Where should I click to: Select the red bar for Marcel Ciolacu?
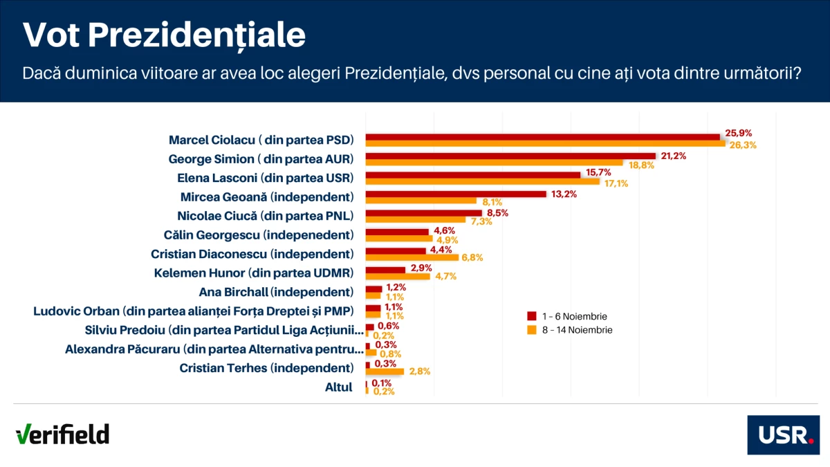click(x=543, y=136)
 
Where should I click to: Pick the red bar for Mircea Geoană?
click(x=456, y=194)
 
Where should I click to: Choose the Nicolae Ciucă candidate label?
click(x=266, y=215)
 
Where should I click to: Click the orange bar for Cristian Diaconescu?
click(x=412, y=257)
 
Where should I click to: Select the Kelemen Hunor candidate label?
click(x=254, y=273)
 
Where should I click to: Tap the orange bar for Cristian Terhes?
click(x=385, y=372)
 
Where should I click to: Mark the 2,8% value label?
click(x=420, y=372)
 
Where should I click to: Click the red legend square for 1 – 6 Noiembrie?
click(x=532, y=316)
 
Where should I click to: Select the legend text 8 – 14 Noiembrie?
click(x=578, y=330)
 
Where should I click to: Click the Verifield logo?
click(x=62, y=434)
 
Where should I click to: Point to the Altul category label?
click(x=339, y=387)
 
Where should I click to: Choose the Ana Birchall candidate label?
click(x=276, y=292)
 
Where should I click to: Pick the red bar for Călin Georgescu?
click(x=397, y=232)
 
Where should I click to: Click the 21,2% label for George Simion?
click(x=673, y=156)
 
